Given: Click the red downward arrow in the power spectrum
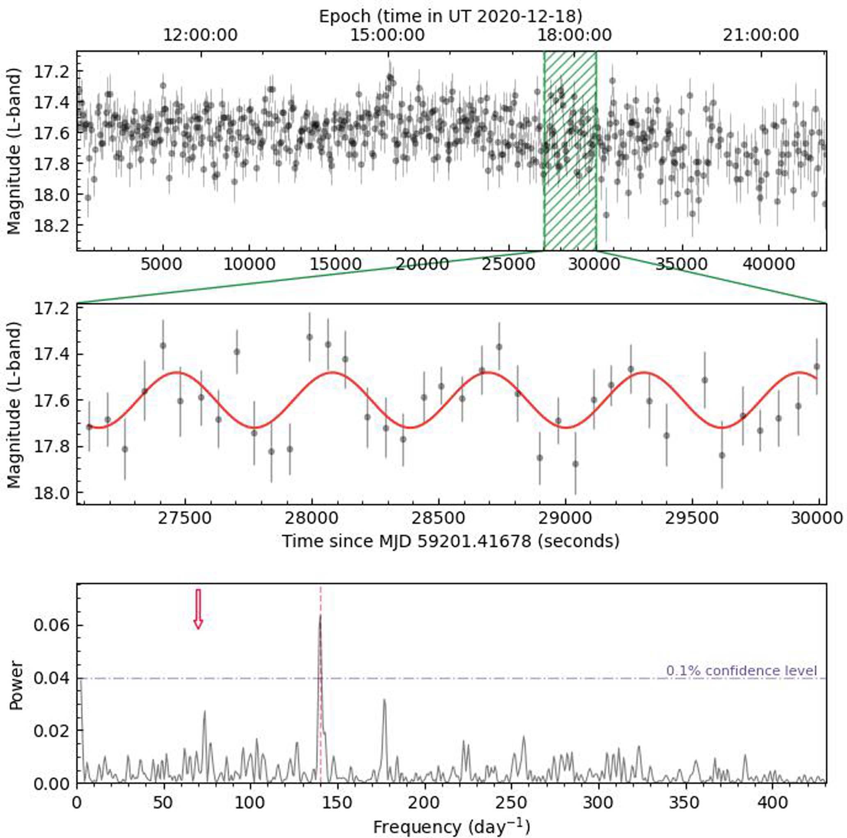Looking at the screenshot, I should (198, 609).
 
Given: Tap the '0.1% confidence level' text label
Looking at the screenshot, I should (742, 670).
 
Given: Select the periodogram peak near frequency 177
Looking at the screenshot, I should (385, 700).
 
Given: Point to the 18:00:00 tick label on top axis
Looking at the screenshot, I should (575, 35).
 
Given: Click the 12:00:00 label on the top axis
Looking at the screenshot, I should (200, 35).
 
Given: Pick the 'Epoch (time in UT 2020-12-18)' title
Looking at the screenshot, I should (450, 16).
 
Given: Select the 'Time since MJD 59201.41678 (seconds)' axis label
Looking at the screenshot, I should (450, 541).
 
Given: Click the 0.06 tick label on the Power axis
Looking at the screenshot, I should (52, 625).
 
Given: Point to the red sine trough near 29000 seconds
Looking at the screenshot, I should (566, 427).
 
